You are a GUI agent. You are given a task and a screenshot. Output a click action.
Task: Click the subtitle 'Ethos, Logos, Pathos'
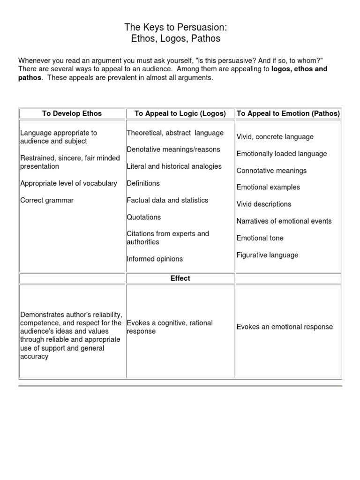[x=175, y=38]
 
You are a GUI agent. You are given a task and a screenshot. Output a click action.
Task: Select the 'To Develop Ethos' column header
[x=72, y=113]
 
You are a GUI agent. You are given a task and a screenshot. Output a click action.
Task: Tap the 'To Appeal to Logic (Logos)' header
[x=180, y=113]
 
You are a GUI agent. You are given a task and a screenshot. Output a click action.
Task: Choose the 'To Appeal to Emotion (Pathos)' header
[x=288, y=113]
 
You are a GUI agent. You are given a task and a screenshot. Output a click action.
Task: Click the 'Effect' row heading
[x=180, y=278]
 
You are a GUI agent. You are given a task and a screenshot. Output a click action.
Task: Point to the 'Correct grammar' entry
[x=47, y=200]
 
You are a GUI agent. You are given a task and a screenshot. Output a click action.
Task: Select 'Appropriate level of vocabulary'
[x=68, y=183]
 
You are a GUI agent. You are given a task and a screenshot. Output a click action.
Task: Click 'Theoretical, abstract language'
[x=175, y=133]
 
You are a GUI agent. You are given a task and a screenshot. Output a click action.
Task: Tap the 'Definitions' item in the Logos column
[x=143, y=183]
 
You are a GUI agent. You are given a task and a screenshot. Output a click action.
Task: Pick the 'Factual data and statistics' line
[x=167, y=200]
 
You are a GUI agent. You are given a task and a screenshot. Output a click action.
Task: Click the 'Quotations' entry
[x=143, y=217]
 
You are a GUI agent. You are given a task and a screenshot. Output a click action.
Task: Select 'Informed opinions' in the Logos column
[x=155, y=259]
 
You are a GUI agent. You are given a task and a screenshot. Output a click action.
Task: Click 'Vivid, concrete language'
[x=275, y=137]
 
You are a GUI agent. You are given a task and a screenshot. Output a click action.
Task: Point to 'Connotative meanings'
[x=271, y=171]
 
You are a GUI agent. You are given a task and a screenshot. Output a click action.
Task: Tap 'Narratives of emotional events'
[x=284, y=221]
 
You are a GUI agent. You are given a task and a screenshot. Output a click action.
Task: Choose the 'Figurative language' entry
[x=267, y=255]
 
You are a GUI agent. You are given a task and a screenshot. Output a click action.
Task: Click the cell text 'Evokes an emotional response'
[x=285, y=327]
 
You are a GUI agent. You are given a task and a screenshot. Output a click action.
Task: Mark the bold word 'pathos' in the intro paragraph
[x=30, y=78]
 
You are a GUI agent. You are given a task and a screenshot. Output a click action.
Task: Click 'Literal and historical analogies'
[x=174, y=166]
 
